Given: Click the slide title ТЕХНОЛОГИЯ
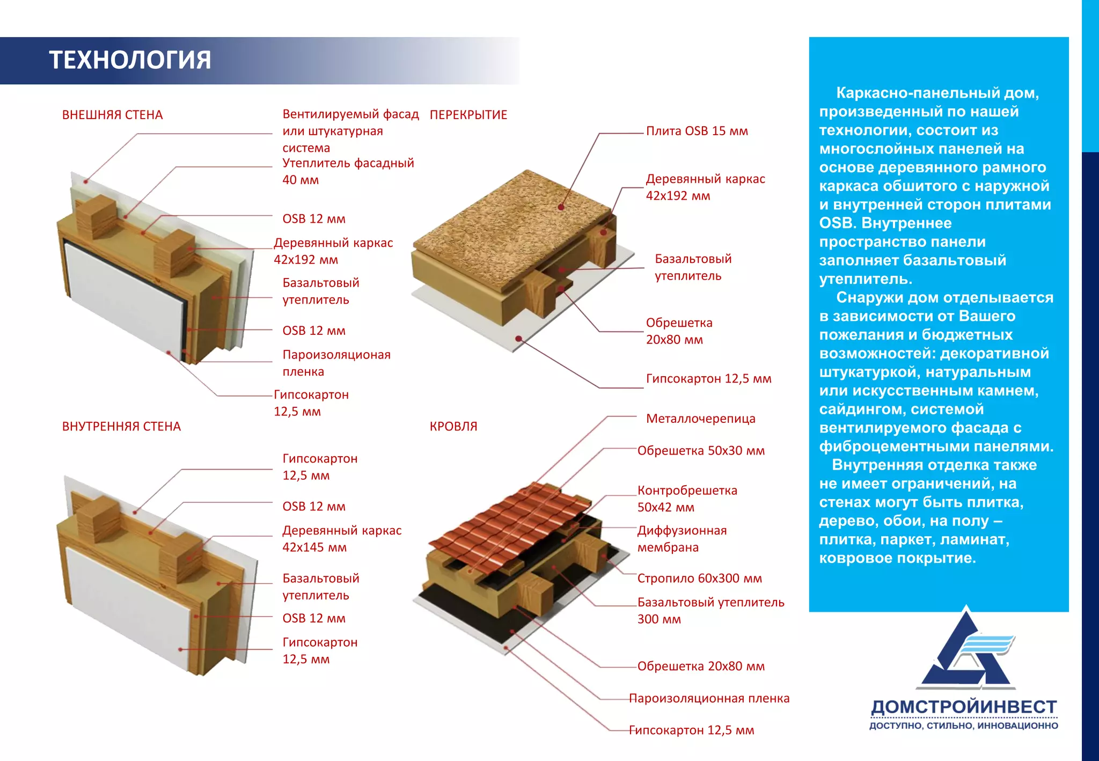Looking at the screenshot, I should [x=130, y=60].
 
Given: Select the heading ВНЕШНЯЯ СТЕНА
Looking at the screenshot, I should [x=112, y=115].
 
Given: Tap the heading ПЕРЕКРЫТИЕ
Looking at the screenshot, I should [x=468, y=115].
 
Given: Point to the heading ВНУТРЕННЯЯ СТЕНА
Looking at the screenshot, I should [x=121, y=427].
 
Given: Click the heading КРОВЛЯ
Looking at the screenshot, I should [x=453, y=427].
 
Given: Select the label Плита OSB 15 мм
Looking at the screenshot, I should [x=697, y=131].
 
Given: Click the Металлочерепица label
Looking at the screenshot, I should [x=700, y=419].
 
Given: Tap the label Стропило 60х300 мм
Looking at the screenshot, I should [x=699, y=579].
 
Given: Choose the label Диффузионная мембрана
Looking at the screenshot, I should [x=682, y=539].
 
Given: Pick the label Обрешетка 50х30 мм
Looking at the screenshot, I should [x=701, y=451].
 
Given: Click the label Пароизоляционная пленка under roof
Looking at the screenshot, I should [x=709, y=699].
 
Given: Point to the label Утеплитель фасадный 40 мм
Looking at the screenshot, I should [x=348, y=171].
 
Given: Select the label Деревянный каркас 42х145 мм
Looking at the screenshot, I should [x=342, y=539].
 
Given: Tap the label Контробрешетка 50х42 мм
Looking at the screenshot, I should [x=687, y=499].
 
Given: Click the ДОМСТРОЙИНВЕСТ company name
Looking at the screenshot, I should [x=964, y=707].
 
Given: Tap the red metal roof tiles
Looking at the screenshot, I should [x=504, y=521].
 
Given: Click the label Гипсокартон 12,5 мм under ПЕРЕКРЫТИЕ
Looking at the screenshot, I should [x=708, y=379].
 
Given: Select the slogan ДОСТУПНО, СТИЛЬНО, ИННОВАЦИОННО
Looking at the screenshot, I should [x=964, y=726].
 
